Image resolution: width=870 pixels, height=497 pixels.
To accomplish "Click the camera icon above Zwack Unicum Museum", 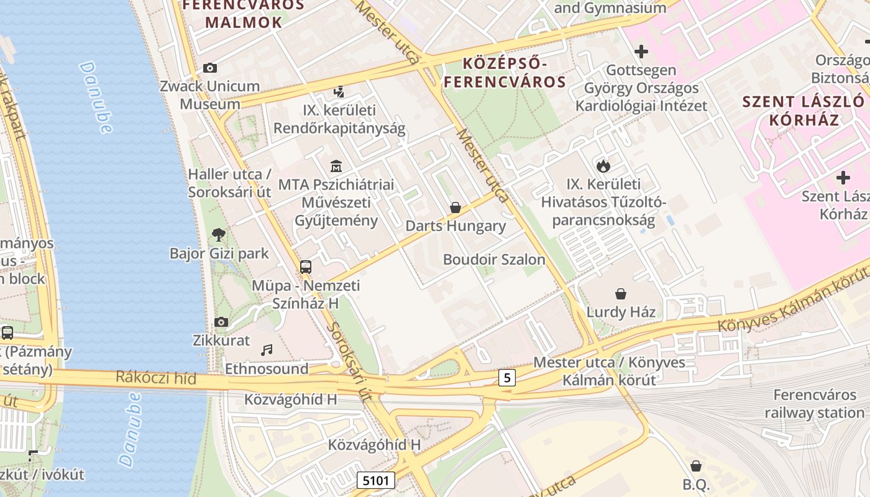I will (210, 68).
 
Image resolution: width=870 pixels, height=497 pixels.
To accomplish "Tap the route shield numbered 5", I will (508, 377).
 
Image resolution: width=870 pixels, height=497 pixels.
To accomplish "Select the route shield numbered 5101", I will (376, 480).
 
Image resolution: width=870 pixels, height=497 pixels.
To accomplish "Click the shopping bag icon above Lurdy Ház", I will (620, 293).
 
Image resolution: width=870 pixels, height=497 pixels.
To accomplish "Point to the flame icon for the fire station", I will (603, 166).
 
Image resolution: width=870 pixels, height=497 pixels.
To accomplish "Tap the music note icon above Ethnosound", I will (267, 350).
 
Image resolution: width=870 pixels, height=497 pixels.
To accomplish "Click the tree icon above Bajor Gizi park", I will (218, 234).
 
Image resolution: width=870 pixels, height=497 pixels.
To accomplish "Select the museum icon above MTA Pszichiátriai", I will (336, 166).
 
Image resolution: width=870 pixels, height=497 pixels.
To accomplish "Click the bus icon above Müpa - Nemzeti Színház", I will (305, 267).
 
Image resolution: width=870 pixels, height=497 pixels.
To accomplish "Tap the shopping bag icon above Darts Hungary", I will (456, 207).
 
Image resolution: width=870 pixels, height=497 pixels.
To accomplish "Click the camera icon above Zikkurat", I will (221, 322).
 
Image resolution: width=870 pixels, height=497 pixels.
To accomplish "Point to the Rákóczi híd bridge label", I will (156, 378).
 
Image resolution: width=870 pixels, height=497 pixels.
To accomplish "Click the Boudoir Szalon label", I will (494, 260).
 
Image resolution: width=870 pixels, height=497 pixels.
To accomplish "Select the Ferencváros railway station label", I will (814, 404).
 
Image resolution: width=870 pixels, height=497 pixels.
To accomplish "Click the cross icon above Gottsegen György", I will (641, 51).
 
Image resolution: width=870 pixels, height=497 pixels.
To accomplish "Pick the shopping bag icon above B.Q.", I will (696, 466).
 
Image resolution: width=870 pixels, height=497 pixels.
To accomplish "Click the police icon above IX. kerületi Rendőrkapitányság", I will (339, 92).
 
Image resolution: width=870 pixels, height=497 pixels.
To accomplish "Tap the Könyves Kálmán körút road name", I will (792, 301).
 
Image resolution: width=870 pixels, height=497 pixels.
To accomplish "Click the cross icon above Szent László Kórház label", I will (843, 178).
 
